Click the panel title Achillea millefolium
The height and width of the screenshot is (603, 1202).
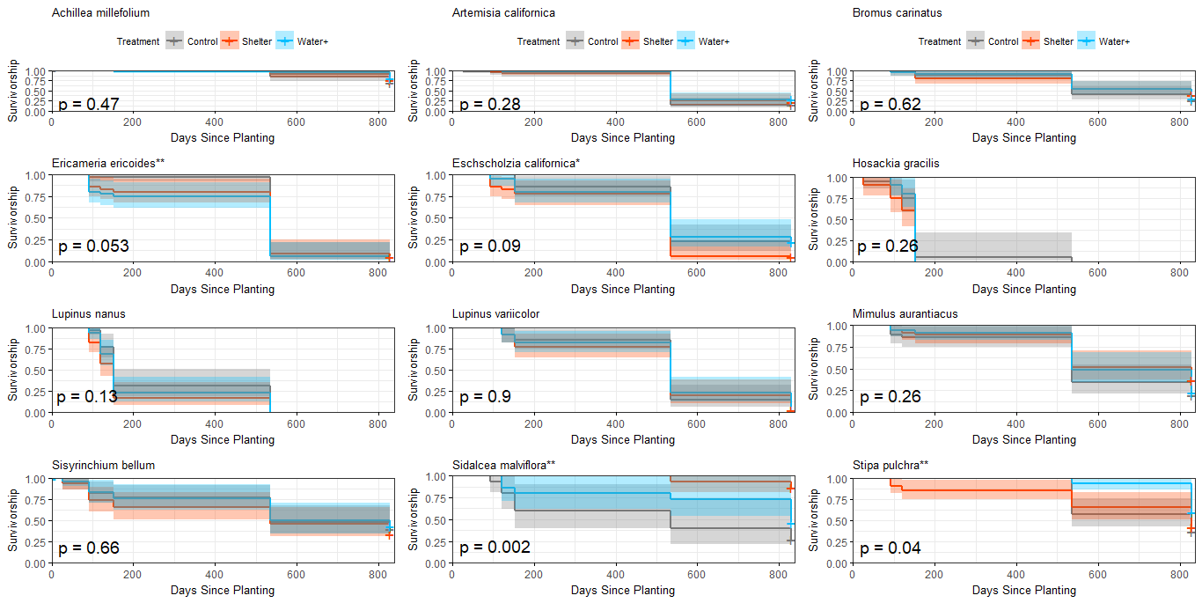[100, 13]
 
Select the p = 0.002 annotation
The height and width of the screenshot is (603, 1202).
[495, 548]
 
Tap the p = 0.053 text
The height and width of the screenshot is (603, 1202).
[93, 246]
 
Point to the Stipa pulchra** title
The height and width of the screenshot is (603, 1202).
[891, 465]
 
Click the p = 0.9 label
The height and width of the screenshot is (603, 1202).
[484, 397]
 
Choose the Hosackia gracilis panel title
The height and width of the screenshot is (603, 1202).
[896, 164]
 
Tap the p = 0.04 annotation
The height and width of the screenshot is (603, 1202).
[891, 548]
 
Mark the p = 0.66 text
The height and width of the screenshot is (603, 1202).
[89, 548]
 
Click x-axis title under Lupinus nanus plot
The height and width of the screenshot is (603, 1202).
[223, 439]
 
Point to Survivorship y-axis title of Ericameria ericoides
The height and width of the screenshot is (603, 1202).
[14, 217]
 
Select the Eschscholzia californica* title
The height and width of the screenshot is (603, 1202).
[516, 164]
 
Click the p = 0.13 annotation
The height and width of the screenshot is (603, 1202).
[87, 397]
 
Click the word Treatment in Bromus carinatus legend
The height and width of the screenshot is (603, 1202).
[940, 41]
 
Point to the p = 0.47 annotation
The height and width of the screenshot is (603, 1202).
[89, 104]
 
